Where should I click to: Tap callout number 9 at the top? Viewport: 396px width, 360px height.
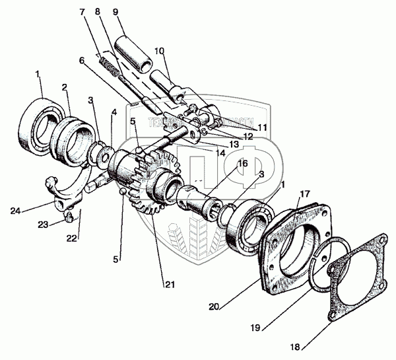[115, 12]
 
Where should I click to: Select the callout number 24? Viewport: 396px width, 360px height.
[15, 211]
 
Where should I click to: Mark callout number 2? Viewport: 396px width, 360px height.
[65, 88]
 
